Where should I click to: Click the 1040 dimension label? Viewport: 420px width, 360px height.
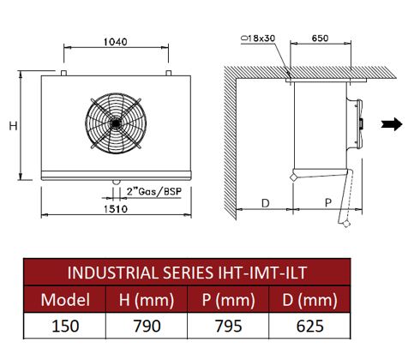115,42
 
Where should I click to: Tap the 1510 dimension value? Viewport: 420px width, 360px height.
116,209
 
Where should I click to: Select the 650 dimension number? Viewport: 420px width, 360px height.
320,38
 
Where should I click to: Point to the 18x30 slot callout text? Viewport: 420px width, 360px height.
258,38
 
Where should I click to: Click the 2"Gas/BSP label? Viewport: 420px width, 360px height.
154,191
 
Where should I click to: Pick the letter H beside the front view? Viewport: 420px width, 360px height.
14,126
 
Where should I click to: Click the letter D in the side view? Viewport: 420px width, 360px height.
266,203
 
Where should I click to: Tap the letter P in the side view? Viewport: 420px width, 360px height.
328,203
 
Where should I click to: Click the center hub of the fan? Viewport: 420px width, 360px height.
116,123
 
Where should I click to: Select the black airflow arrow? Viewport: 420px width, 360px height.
392,124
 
